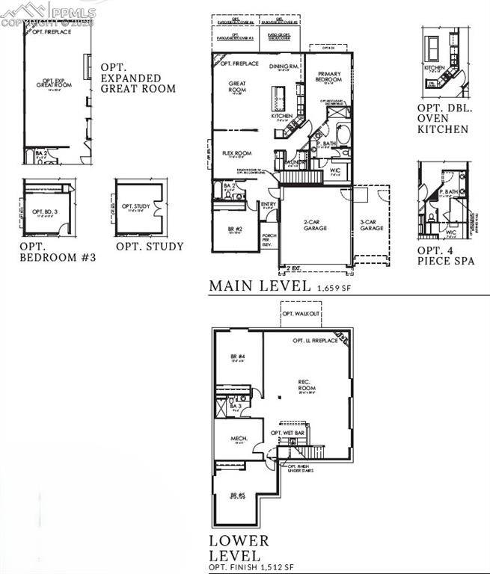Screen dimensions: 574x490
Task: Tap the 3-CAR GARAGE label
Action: [372, 226]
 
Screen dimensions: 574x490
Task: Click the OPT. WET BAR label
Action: [287, 433]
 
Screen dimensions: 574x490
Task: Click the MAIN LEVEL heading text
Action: [259, 286]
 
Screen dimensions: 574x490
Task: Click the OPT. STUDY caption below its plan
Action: [150, 246]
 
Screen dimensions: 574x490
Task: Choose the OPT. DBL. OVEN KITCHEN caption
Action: [443, 118]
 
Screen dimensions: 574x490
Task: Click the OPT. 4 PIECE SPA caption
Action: [445, 256]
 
